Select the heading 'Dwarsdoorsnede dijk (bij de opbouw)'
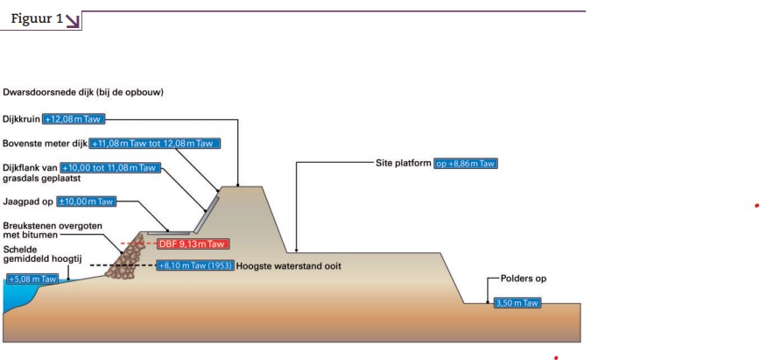tap(83, 91)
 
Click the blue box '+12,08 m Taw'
tap(74, 119)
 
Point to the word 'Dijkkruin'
tap(21, 119)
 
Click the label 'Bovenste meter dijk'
tap(44, 144)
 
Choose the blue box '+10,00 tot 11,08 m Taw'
tap(110, 167)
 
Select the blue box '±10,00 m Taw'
tap(87, 201)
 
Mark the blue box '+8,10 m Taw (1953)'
tap(194, 265)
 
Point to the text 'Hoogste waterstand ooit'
tap(288, 265)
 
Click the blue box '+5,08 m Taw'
tap(32, 279)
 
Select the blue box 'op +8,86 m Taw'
tap(467, 163)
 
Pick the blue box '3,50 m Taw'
tap(517, 303)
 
